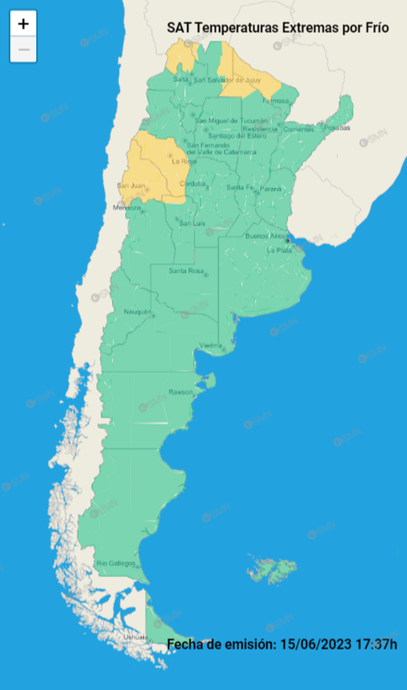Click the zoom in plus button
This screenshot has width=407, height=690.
pyautogui.click(x=23, y=24)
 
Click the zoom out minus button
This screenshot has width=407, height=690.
pyautogui.click(x=23, y=49)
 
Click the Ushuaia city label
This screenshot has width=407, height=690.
pyautogui.click(x=134, y=638)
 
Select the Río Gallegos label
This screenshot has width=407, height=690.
pyautogui.click(x=111, y=564)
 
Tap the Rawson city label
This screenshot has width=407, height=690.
pyautogui.click(x=180, y=391)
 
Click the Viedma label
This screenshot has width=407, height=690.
pyautogui.click(x=210, y=345)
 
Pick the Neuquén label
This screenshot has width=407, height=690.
pyautogui.click(x=138, y=312)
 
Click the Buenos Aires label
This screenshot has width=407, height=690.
pyautogui.click(x=265, y=236)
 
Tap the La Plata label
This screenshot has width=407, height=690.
pyautogui.click(x=279, y=250)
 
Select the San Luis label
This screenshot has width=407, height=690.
pyautogui.click(x=191, y=223)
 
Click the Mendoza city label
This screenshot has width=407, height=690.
pyautogui.click(x=127, y=208)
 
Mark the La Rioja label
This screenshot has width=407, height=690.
pyautogui.click(x=183, y=161)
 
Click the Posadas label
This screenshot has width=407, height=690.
pyautogui.click(x=338, y=127)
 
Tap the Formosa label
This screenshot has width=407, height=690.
pyautogui.click(x=276, y=101)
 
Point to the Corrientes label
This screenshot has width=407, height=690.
pyautogui.click(x=298, y=129)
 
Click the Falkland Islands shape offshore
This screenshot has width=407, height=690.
pyautogui.click(x=272, y=568)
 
